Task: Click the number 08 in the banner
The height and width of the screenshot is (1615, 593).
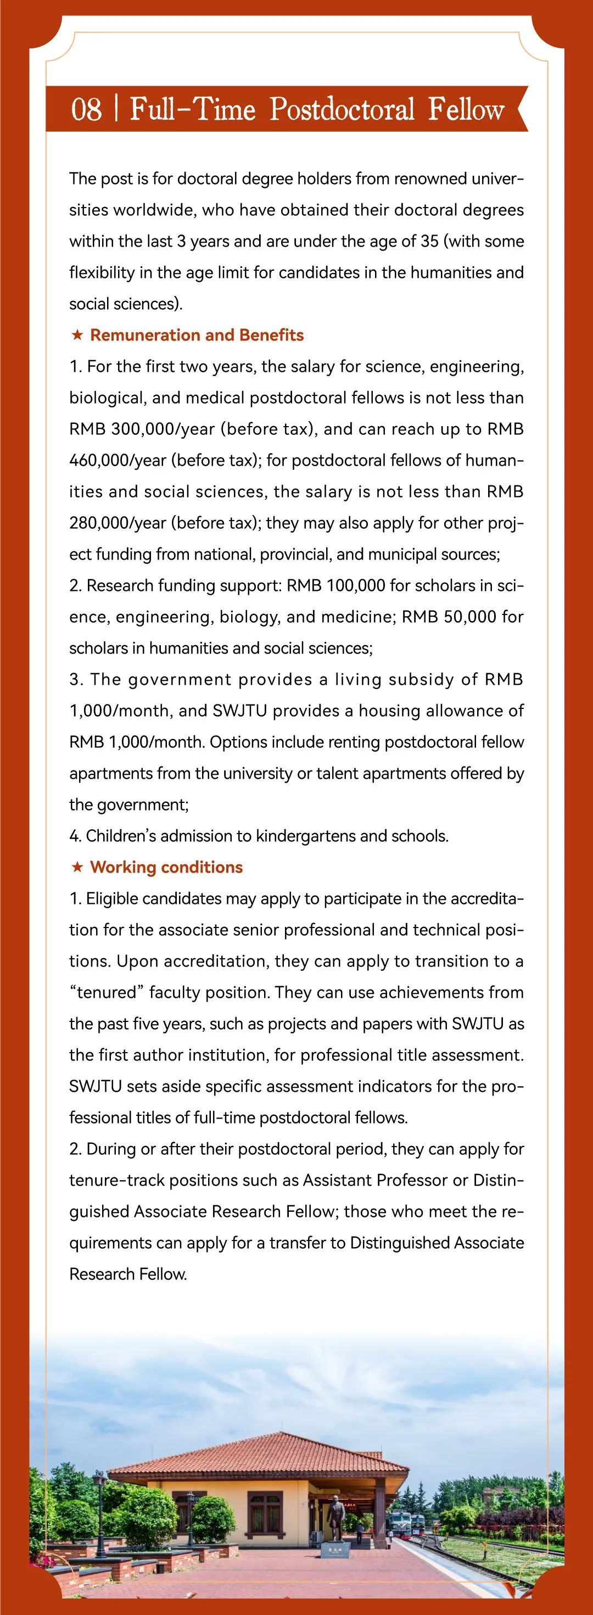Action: pyautogui.click(x=87, y=109)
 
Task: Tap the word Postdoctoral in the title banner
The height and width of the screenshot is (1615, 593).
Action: pyautogui.click(x=342, y=109)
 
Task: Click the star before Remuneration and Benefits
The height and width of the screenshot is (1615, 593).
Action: pyautogui.click(x=77, y=336)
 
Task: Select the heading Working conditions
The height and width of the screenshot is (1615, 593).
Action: pyautogui.click(x=166, y=867)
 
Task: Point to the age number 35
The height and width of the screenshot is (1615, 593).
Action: pyautogui.click(x=429, y=242)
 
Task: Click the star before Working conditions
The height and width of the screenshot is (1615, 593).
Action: pyautogui.click(x=77, y=868)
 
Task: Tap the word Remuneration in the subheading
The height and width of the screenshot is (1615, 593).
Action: pyautogui.click(x=146, y=336)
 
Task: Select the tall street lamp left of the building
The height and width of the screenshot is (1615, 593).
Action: pyautogui.click(x=98, y=1505)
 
